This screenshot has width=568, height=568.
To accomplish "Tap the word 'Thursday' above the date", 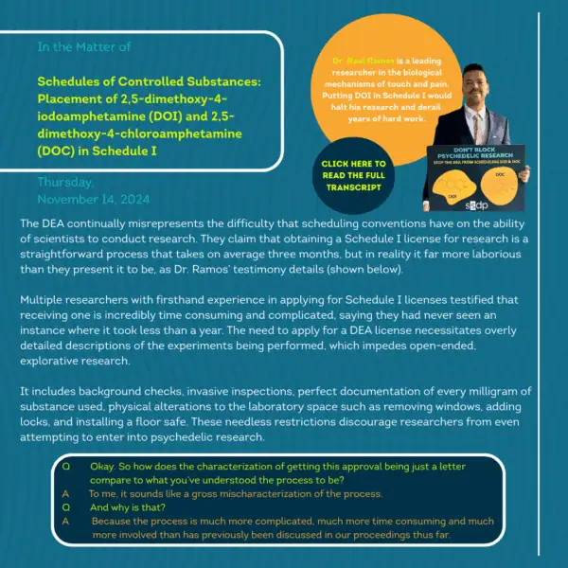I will point(66,183).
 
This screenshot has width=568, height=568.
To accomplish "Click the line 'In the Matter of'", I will point(77,44).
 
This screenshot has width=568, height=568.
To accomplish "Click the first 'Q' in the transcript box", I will point(65,468).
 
